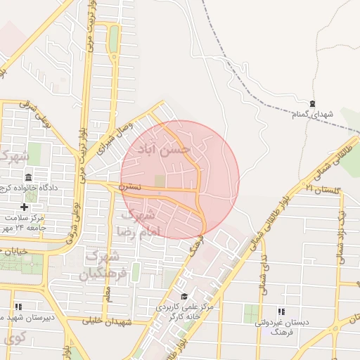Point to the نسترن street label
coord(129,187)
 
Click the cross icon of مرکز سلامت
coord(25,207)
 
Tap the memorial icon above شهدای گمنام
coord(312,103)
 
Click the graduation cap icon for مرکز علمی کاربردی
coord(184,296)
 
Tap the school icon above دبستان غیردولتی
coord(281,311)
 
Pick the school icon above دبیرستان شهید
coord(18,307)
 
